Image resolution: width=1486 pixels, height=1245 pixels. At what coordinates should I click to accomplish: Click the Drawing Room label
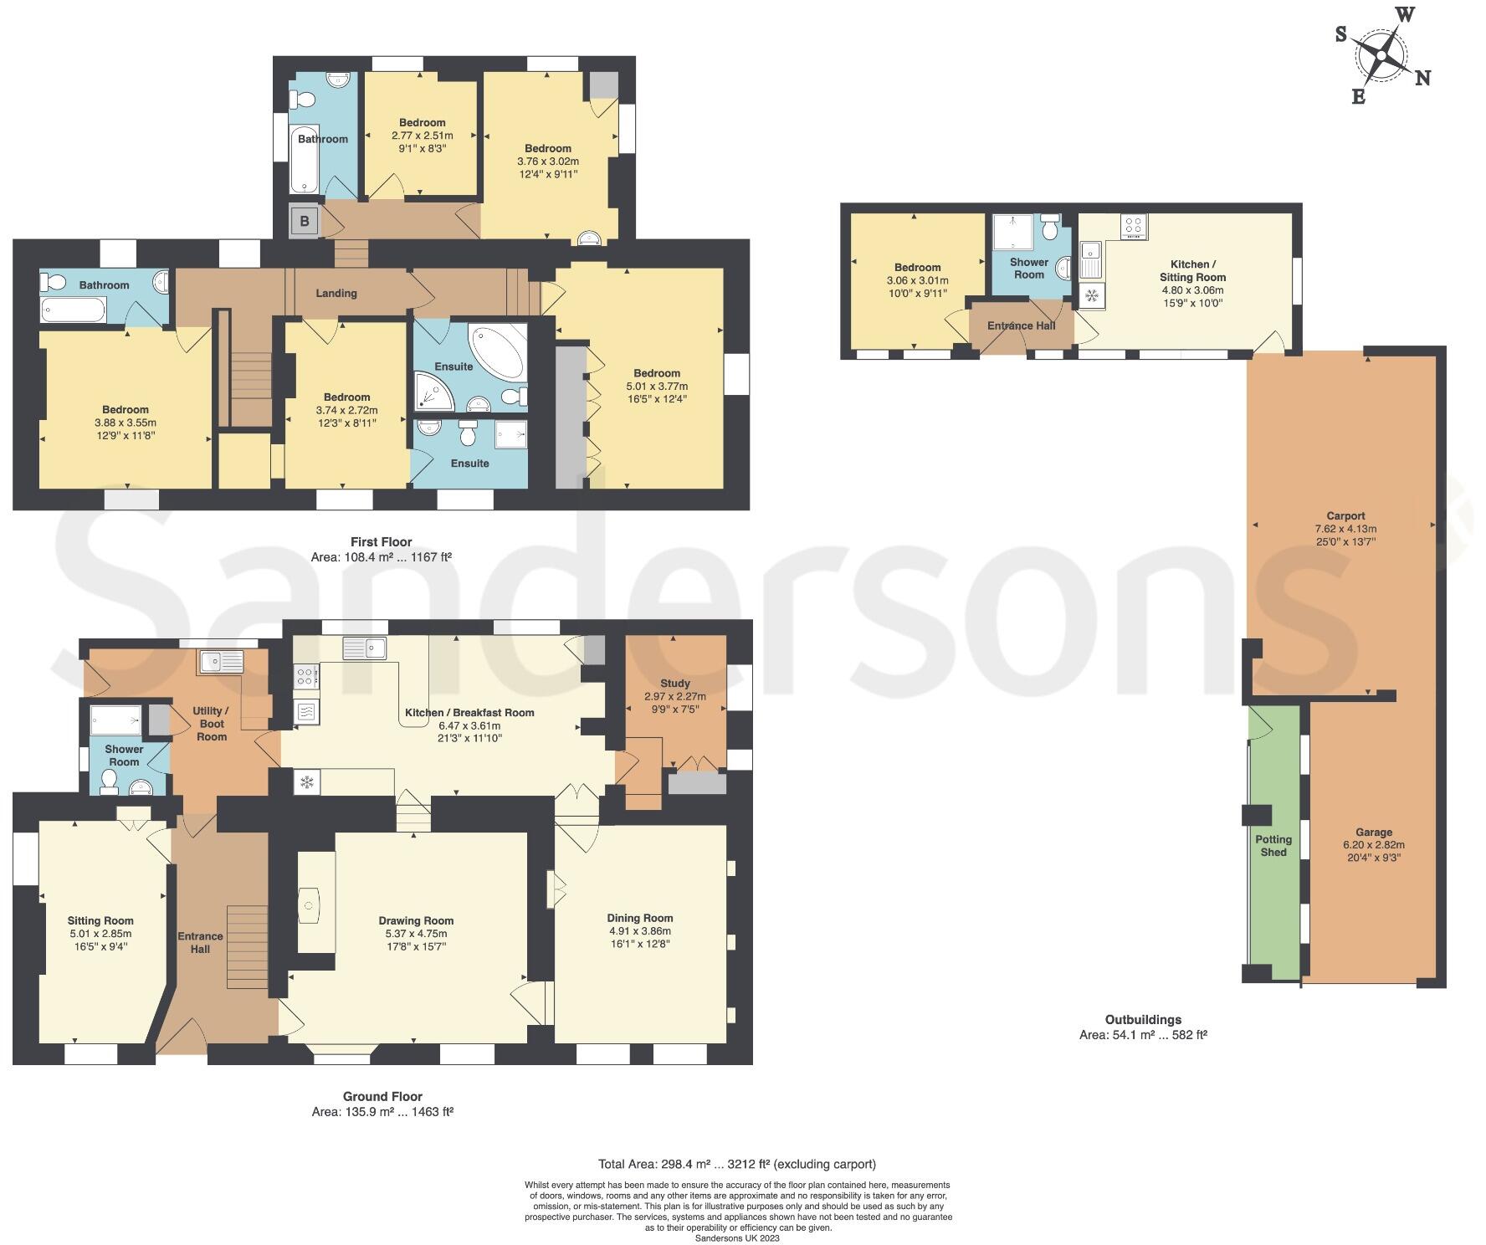416,920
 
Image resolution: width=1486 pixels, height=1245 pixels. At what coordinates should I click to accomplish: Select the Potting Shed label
1273,845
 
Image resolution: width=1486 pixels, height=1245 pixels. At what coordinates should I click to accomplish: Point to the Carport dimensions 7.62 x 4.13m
1345,529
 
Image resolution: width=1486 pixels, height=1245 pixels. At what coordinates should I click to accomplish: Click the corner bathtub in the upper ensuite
498,351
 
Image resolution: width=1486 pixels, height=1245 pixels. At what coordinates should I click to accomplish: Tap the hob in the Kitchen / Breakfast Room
305,676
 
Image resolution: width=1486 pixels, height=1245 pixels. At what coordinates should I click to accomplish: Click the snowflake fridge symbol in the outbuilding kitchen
1092,295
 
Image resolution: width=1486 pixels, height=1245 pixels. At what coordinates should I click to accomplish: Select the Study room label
675,683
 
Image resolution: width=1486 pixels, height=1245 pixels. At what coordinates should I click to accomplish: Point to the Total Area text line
736,1164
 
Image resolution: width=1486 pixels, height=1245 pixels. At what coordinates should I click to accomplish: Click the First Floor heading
381,542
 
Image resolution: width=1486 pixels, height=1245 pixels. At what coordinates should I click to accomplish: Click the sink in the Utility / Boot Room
220,662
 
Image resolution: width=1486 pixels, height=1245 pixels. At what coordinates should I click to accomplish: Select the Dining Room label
640,918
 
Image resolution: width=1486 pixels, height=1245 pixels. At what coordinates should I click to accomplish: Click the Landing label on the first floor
336,293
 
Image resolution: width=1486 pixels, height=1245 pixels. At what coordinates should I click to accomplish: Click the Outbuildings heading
1143,1020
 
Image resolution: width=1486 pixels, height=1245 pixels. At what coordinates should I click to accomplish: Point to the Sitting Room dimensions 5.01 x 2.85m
100,934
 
